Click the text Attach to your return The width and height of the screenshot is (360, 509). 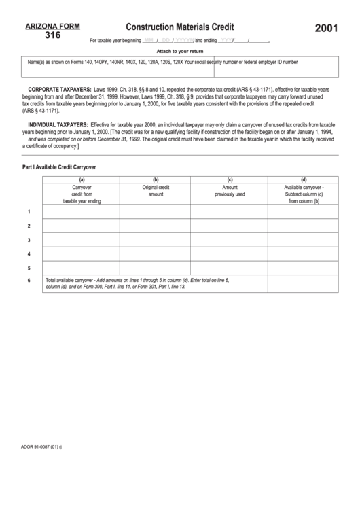pyautogui.click(x=180, y=51)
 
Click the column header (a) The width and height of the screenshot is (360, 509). pyautogui.click(x=82, y=179)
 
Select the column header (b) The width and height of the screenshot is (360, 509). pyautogui.click(x=156, y=179)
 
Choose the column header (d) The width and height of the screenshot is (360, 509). pyautogui.click(x=304, y=179)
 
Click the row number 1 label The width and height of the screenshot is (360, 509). pyautogui.click(x=29, y=212)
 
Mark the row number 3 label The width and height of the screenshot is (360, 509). pyautogui.click(x=29, y=240)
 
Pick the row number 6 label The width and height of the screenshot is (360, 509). pyautogui.click(x=29, y=280)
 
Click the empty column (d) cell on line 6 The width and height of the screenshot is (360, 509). pyautogui.click(x=304, y=283)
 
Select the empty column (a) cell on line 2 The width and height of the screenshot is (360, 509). pyautogui.click(x=82, y=226)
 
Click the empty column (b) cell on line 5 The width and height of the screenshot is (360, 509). pyautogui.click(x=156, y=268)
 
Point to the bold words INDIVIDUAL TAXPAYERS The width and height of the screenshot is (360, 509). pyautogui.click(x=58, y=125)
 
